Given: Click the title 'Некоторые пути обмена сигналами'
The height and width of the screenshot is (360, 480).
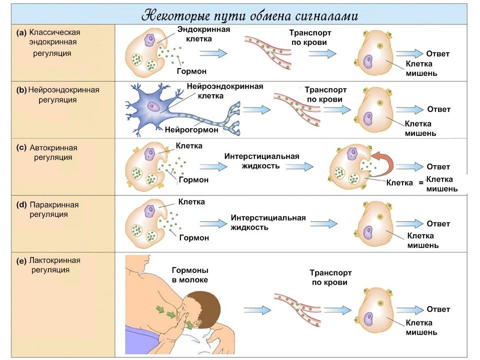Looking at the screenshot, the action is click(249, 15).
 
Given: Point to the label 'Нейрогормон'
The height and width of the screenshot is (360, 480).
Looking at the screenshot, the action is click(191, 129).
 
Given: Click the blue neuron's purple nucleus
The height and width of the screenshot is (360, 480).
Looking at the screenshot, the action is click(152, 106).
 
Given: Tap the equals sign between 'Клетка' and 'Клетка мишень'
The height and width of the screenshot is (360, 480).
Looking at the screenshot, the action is click(421, 183).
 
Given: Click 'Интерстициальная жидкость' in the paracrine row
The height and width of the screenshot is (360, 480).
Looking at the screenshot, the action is click(268, 222).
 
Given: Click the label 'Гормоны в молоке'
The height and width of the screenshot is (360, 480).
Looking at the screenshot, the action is click(190, 275).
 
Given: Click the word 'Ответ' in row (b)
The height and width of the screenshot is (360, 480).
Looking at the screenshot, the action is click(438, 109).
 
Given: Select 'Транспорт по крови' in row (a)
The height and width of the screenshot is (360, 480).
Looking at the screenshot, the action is click(310, 37).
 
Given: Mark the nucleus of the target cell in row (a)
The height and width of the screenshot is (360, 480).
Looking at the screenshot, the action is click(367, 61).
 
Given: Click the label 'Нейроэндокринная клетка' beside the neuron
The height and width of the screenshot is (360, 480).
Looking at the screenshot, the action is click(225, 91).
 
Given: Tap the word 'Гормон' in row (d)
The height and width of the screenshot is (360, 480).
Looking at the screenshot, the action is click(194, 237).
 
